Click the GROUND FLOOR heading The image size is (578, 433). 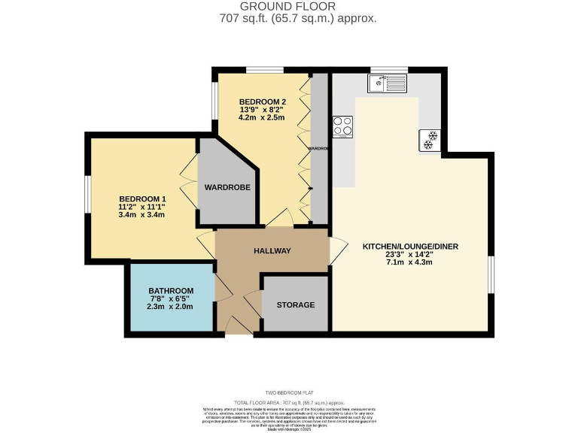288,6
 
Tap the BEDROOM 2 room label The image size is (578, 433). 263,101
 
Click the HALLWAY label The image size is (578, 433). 272,250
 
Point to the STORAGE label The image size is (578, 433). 295,305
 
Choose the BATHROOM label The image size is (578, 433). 171,291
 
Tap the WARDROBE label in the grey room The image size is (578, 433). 224,187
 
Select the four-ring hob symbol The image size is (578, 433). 343,126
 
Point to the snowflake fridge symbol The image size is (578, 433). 430,140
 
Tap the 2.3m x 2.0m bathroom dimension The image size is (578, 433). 171,307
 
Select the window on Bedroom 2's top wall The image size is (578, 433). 264,70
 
